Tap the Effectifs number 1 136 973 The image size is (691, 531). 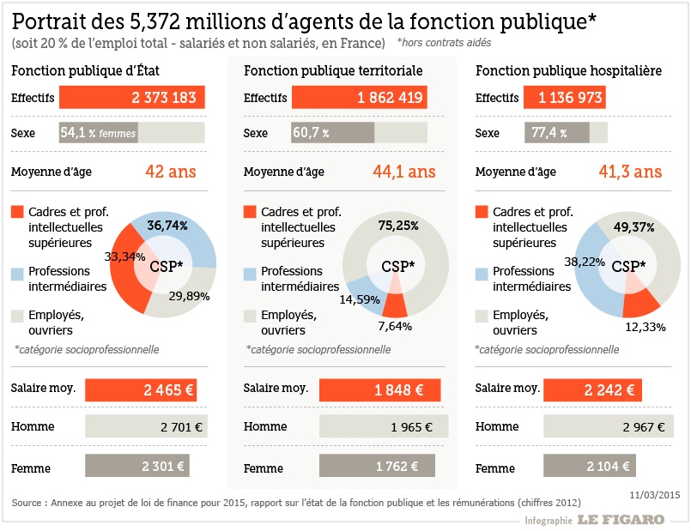tap(571, 98)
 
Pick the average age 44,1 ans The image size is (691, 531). tap(403, 172)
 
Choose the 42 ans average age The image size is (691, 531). tap(171, 172)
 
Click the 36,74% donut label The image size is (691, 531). tap(167, 226)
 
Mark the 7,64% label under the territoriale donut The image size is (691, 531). tap(395, 326)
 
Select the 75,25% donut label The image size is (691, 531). tap(398, 226)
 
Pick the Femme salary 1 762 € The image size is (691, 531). tap(396, 468)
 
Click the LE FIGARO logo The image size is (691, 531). tap(621, 519)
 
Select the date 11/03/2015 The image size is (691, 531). tap(655, 495)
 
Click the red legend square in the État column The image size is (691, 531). tap(17, 212)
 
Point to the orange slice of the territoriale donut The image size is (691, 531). tap(395, 303)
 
